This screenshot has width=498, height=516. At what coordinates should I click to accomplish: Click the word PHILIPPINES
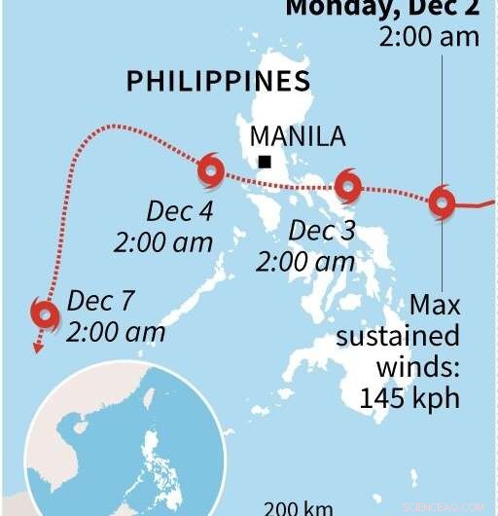pyautogui.click(x=218, y=82)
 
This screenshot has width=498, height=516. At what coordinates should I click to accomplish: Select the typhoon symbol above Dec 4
pyautogui.click(x=210, y=172)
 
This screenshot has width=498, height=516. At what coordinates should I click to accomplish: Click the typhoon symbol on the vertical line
pyautogui.click(x=442, y=203)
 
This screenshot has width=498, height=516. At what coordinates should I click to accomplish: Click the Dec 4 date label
pyautogui.click(x=180, y=210)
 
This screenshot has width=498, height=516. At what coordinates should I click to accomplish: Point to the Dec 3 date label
pyautogui.click(x=323, y=231)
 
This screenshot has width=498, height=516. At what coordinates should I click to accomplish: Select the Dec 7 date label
pyautogui.click(x=101, y=300)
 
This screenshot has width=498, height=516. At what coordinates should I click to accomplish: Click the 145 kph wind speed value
pyautogui.click(x=409, y=397)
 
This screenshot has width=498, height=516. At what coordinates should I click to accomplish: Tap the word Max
pyautogui.click(x=434, y=305)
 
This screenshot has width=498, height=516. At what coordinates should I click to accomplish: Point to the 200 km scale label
pyautogui.click(x=300, y=507)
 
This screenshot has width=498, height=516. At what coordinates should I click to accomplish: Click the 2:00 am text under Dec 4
pyautogui.click(x=163, y=242)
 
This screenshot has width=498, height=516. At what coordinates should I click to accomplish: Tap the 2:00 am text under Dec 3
pyautogui.click(x=304, y=262)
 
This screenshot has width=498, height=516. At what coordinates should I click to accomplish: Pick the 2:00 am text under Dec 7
pyautogui.click(x=116, y=331)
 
